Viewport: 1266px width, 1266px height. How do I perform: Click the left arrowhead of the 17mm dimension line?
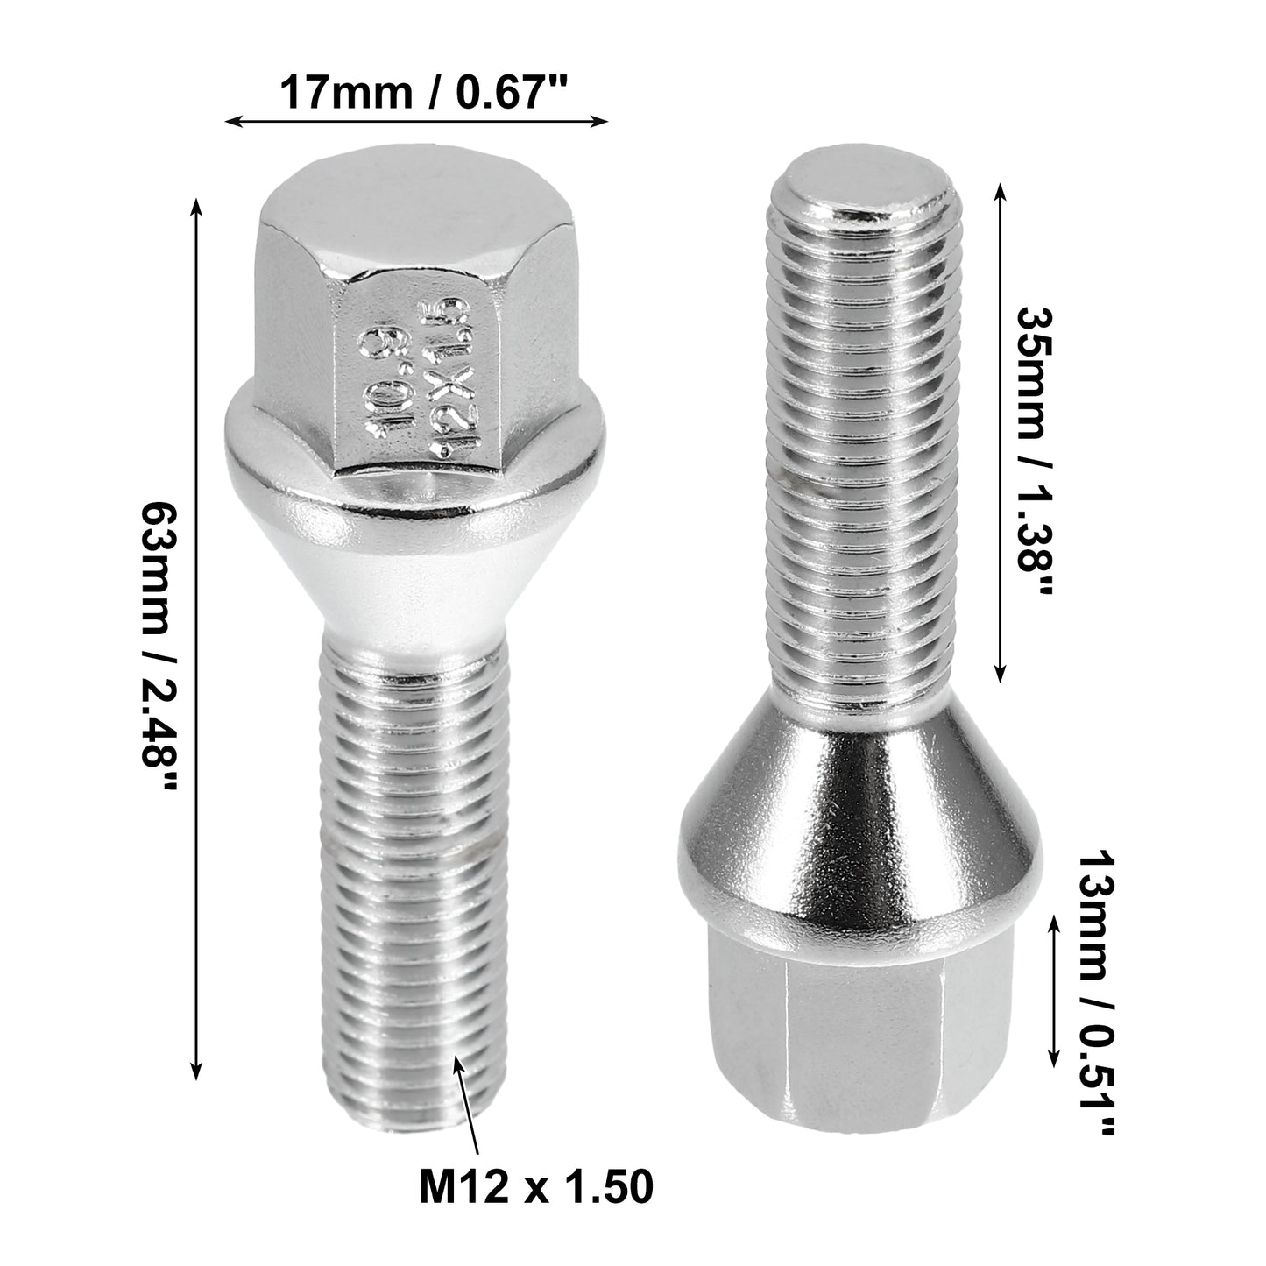pyautogui.click(x=233, y=121)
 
